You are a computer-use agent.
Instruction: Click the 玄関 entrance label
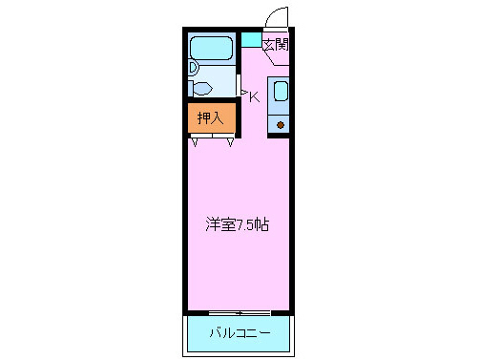click(x=275, y=44)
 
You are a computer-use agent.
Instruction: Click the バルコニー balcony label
click(x=240, y=334)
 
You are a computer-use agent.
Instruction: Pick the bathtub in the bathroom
click(x=211, y=50)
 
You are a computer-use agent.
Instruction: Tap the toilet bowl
click(x=202, y=88)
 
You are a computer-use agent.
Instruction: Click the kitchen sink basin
click(x=282, y=93)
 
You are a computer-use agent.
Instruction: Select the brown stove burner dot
click(x=281, y=125)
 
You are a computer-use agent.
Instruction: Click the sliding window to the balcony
click(x=240, y=312)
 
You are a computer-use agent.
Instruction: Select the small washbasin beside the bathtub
click(x=192, y=68)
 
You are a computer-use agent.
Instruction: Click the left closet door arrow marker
click(x=195, y=143)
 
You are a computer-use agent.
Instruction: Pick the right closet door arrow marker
click(x=230, y=143)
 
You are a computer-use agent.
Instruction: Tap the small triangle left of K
click(x=243, y=93)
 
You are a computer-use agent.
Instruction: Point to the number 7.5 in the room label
click(x=246, y=226)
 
